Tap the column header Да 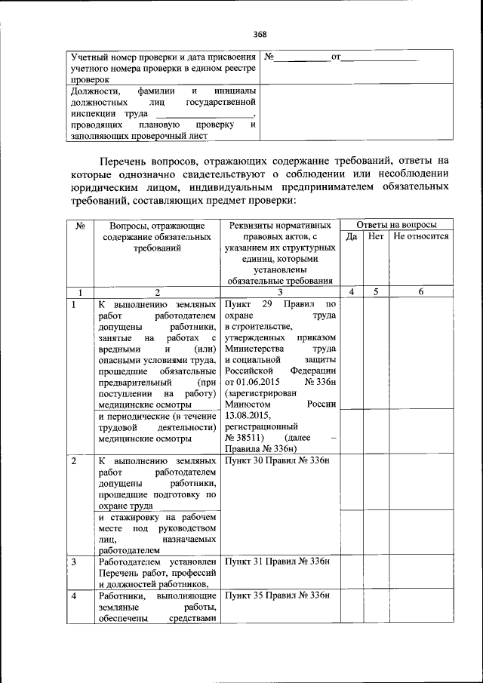coord(351,236)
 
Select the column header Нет coord(376,236)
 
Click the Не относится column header coord(420,236)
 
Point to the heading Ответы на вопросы coord(396,225)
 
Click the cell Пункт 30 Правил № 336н coord(278,460)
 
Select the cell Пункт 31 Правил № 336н coord(278,562)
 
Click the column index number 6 coord(420,291)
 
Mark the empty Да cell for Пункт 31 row coord(351,571)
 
